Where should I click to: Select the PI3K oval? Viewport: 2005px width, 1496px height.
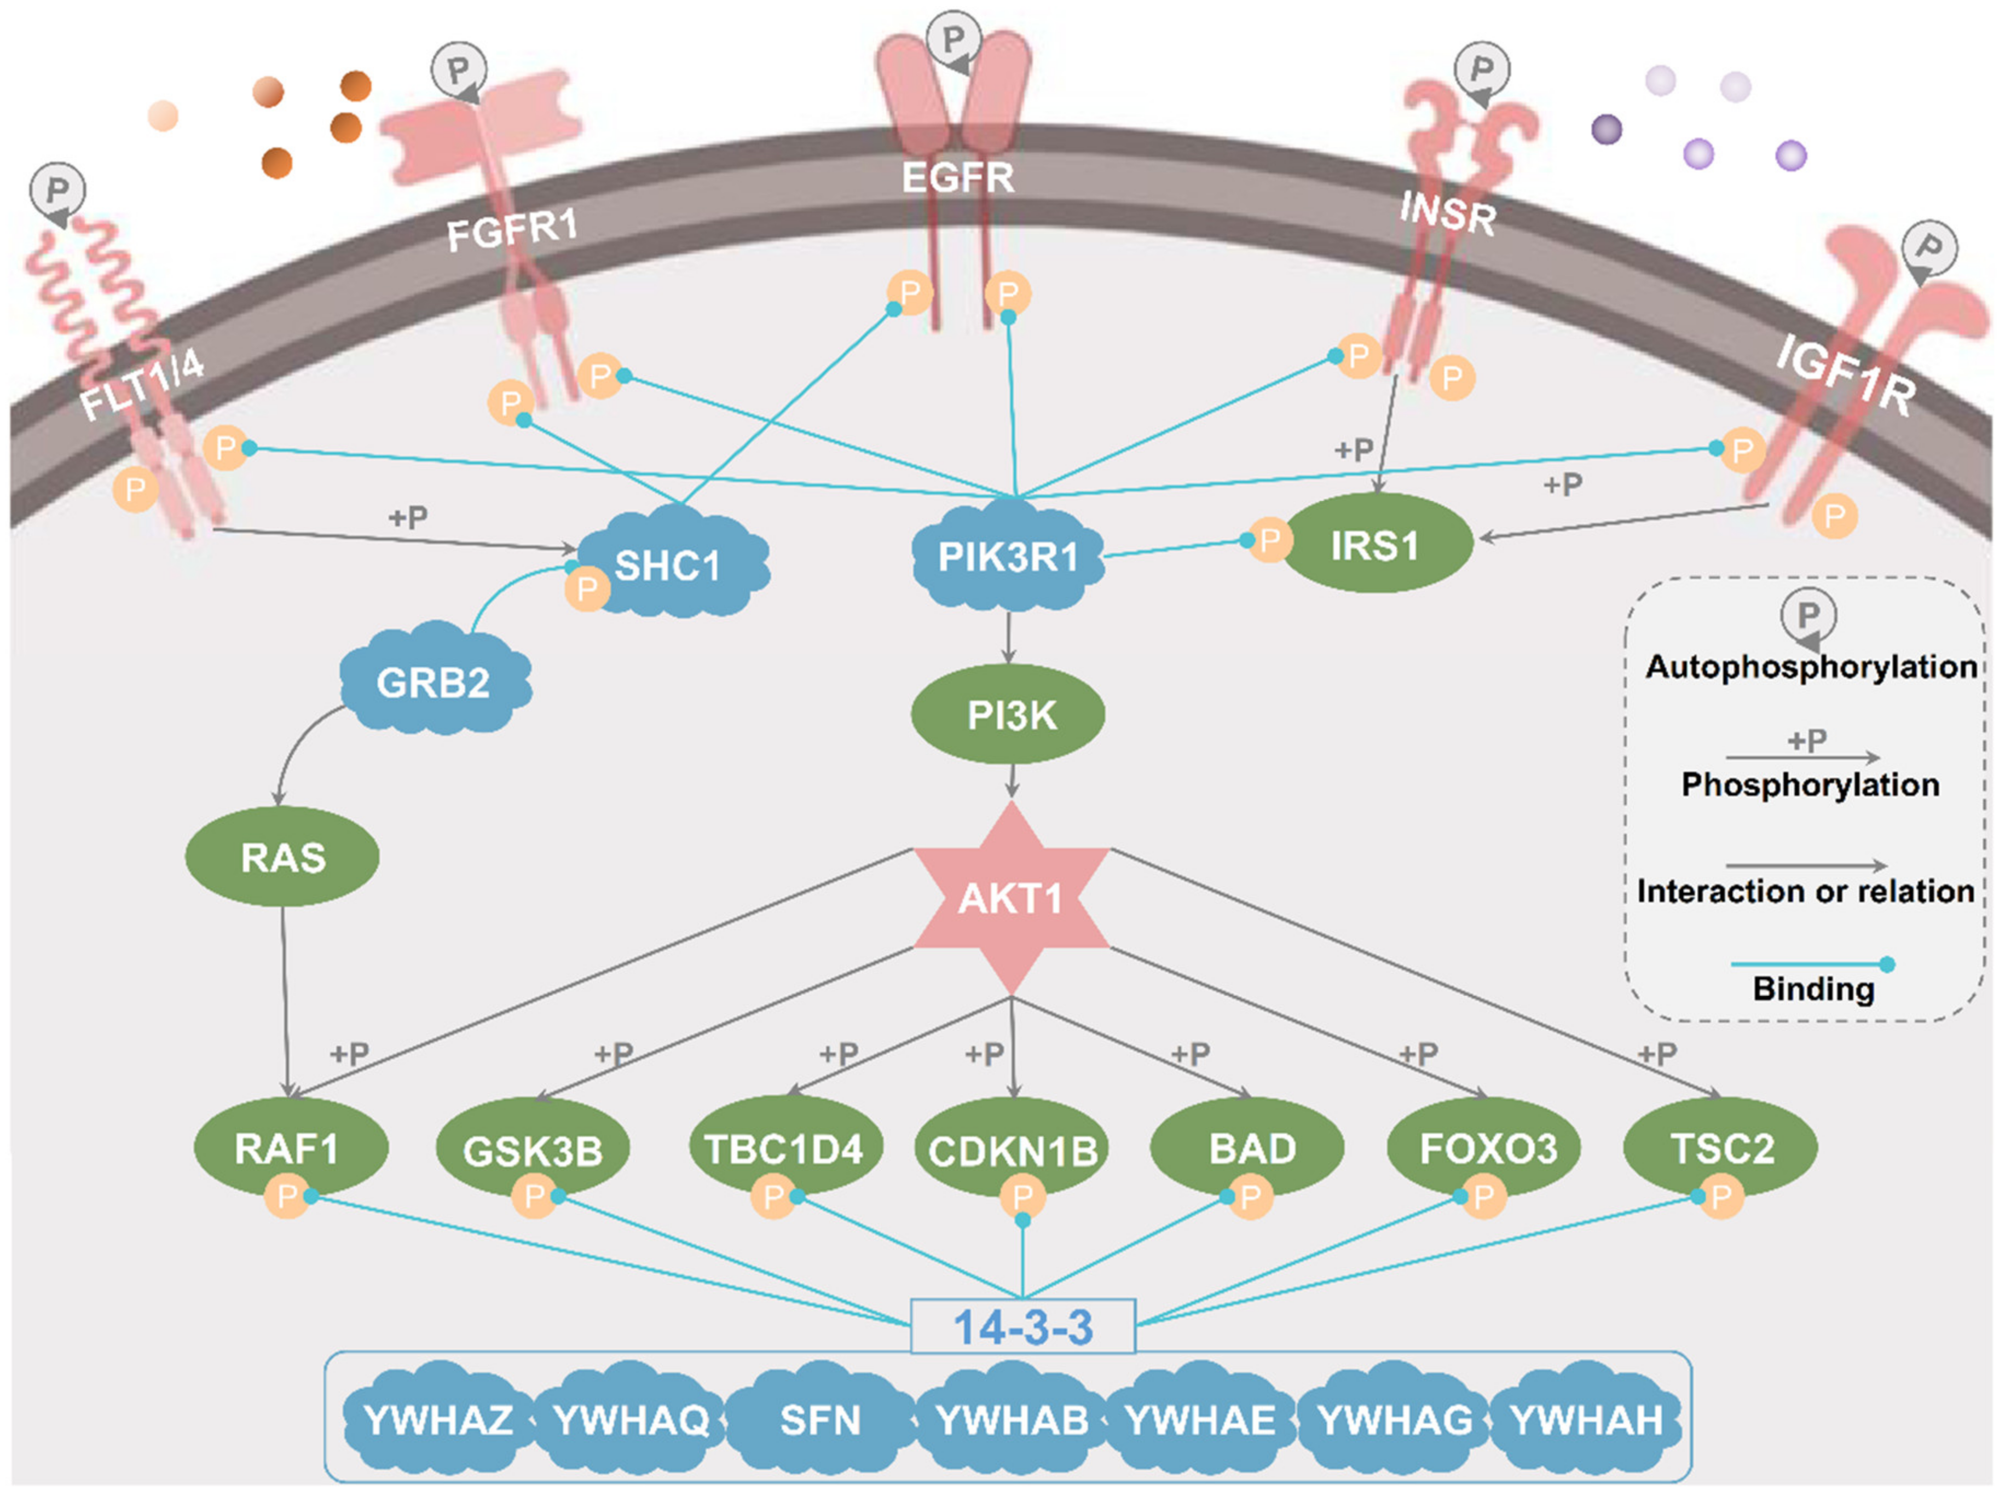(x=1008, y=714)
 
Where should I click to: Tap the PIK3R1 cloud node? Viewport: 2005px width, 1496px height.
(x=1008, y=556)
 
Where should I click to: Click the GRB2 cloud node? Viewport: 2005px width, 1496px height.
(x=435, y=679)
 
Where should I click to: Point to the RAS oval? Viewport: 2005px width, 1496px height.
(x=282, y=857)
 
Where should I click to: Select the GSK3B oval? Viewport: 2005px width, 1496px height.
(x=533, y=1149)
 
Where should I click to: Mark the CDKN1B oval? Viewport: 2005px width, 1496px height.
(x=1013, y=1149)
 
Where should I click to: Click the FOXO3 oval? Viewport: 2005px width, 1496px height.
(x=1485, y=1147)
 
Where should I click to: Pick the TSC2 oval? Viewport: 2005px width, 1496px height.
(x=1720, y=1147)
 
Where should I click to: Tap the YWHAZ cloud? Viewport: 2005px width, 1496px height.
(x=438, y=1418)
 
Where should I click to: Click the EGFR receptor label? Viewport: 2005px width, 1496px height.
(x=958, y=177)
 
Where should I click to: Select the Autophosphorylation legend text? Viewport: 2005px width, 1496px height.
(x=1811, y=667)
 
